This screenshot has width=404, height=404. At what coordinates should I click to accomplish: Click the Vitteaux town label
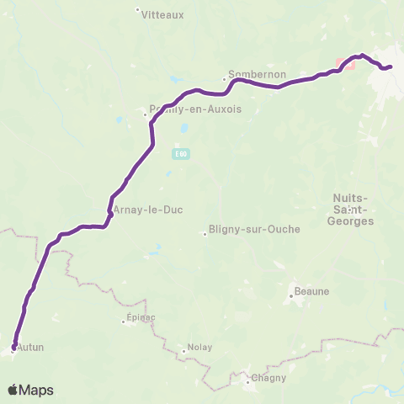coord(157,14)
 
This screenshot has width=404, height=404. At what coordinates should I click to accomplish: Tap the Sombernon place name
coord(252,73)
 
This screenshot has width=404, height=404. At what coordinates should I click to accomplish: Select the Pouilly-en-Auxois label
coord(183,108)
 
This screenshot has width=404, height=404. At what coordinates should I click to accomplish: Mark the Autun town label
coord(31,346)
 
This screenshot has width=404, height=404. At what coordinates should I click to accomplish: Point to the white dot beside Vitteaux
coord(138,10)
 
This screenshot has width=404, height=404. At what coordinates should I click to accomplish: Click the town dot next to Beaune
coord(290,295)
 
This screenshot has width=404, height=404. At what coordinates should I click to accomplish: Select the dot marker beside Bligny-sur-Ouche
coord(205,234)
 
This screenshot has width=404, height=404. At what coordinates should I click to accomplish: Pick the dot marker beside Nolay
coord(183,352)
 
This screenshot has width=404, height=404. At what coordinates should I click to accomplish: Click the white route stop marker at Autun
coord(14,346)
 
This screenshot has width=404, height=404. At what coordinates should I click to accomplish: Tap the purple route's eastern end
coord(390,66)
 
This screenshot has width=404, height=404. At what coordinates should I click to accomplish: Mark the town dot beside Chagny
coord(247,382)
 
